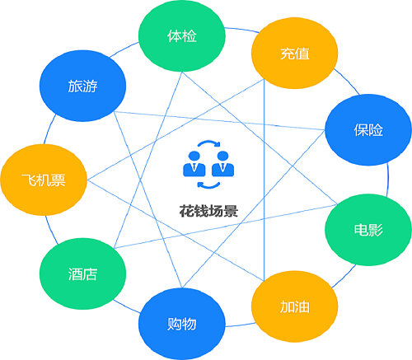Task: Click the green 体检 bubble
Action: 182,36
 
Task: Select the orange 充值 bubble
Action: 295,54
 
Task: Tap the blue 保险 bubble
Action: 368,130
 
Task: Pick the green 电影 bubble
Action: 368,230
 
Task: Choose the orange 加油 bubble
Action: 295,306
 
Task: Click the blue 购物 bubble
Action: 182,324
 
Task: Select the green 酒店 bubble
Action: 82,274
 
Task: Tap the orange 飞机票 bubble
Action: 44,180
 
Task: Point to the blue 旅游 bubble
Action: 82,86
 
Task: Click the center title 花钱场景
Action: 208,211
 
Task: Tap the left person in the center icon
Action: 194,164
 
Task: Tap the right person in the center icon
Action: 222,164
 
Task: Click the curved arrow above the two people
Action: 208,143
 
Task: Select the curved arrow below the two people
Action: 208,186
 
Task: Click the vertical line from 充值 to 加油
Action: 264,180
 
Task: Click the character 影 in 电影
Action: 376,230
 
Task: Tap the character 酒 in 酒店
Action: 75,274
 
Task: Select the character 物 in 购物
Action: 190,324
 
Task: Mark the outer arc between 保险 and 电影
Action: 388,180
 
